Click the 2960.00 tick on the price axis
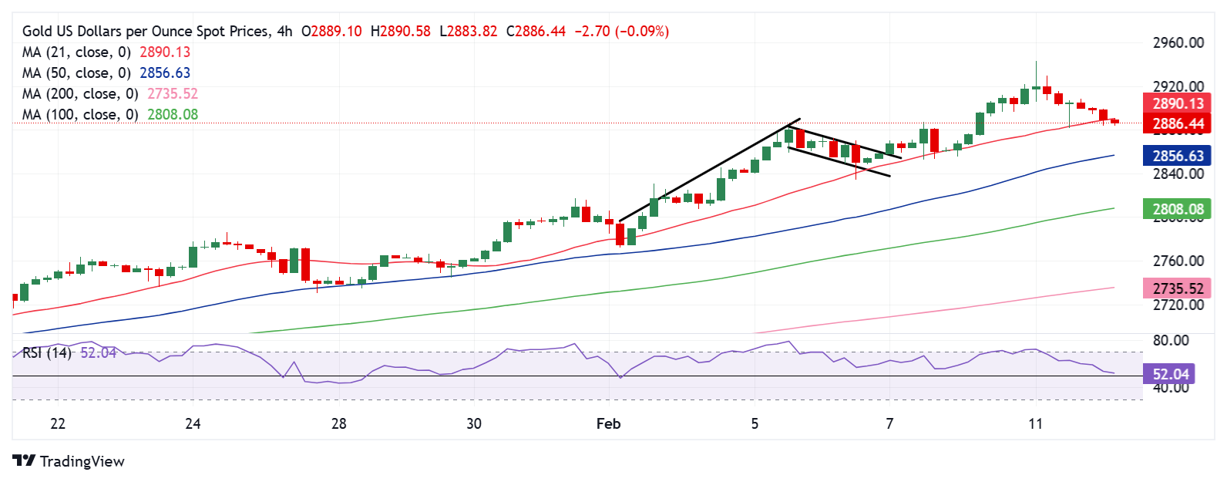click(x=1178, y=43)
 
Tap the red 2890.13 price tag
click(x=1178, y=103)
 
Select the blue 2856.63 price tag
click(x=1178, y=156)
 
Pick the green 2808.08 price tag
click(x=1178, y=209)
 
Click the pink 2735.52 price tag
click(x=1178, y=288)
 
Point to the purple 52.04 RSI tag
click(x=1171, y=375)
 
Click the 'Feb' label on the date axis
click(x=608, y=423)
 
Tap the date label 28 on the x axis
click(x=338, y=423)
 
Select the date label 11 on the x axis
click(x=1035, y=423)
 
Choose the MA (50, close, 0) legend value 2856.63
click(x=165, y=73)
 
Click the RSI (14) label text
click(x=46, y=353)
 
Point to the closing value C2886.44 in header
click(x=536, y=32)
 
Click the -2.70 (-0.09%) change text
click(x=622, y=32)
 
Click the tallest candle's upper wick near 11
click(x=1036, y=71)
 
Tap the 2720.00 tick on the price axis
click(x=1178, y=305)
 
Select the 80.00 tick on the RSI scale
click(x=1170, y=340)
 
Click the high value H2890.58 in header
click(x=401, y=32)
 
